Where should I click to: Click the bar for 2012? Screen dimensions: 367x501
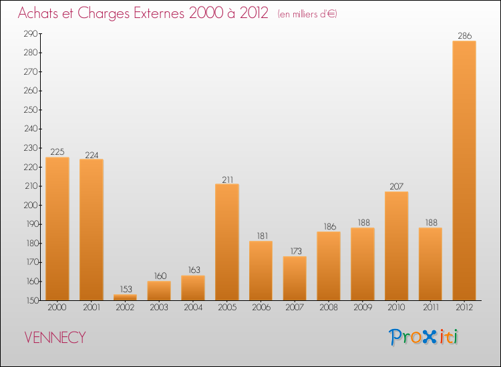[x=464, y=171]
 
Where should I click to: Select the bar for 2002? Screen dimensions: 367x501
[x=125, y=298]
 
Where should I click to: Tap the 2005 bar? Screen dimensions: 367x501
[x=227, y=242]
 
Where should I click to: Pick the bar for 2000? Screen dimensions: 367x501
[x=57, y=229]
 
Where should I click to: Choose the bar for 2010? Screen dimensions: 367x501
[x=396, y=246]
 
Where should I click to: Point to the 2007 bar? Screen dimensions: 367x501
[x=295, y=278]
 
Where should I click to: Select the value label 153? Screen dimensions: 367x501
[x=125, y=290]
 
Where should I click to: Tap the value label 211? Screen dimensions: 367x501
[x=227, y=179]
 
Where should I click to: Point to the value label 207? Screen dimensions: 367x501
[x=396, y=187]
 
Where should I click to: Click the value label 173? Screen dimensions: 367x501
[x=295, y=252]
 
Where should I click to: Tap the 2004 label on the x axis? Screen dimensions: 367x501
[x=193, y=309]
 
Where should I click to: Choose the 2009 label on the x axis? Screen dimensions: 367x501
[x=362, y=309]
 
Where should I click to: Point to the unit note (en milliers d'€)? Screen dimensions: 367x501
[x=307, y=14]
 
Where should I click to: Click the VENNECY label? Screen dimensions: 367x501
[x=55, y=338]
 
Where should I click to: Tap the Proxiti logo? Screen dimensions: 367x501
[x=424, y=337]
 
